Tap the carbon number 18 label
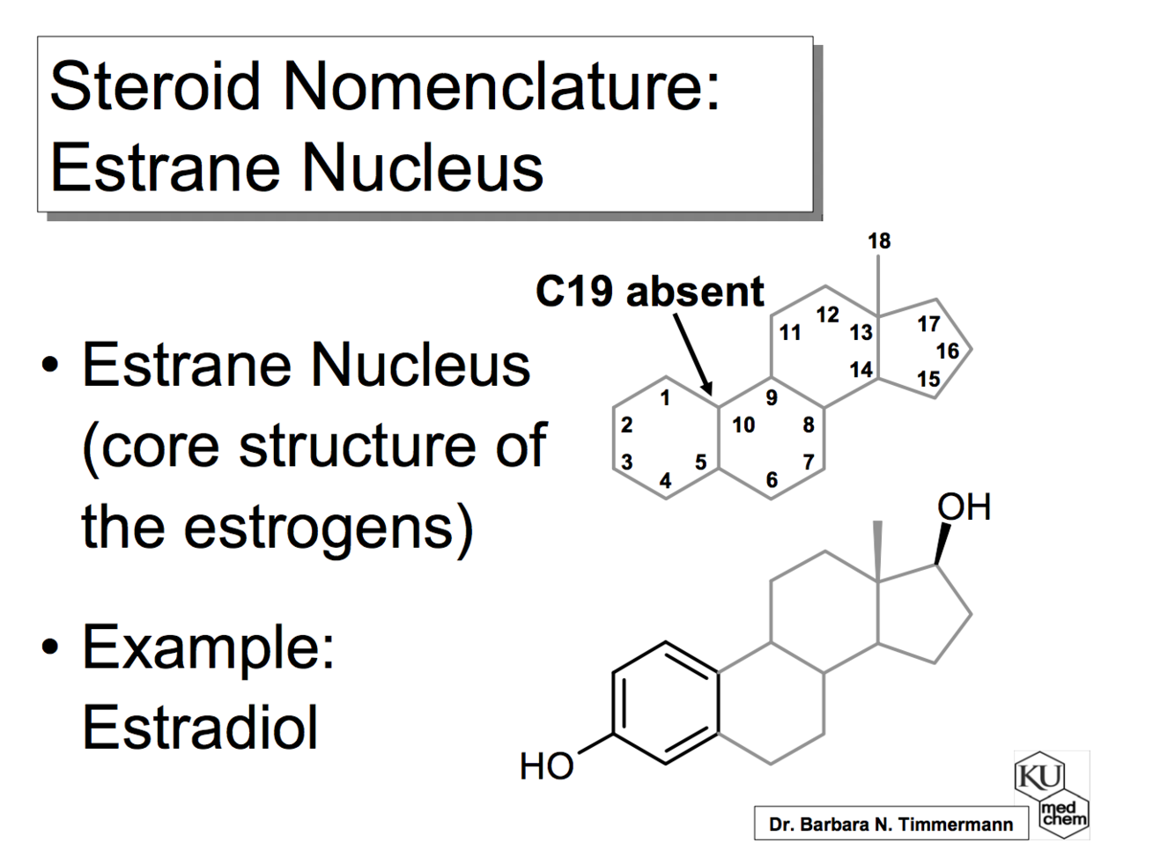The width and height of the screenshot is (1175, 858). (878, 240)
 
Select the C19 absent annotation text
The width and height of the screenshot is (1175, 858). (650, 292)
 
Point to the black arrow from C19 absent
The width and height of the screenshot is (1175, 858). (693, 355)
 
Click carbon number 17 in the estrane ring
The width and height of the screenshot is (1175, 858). (928, 324)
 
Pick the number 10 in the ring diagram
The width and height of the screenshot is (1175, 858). (743, 425)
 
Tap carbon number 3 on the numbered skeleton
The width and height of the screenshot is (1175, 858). (626, 462)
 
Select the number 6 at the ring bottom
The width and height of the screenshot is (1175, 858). (772, 480)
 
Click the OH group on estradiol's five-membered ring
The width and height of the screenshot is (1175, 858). (964, 507)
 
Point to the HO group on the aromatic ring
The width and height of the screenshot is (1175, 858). (546, 766)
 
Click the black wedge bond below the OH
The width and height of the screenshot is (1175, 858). (942, 544)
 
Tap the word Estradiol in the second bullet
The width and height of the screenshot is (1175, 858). (200, 728)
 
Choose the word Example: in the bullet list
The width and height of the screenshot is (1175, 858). (208, 647)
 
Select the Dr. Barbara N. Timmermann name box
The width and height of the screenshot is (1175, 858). (890, 825)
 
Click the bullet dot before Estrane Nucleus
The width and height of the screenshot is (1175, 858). (51, 366)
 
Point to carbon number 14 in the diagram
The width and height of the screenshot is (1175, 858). (861, 370)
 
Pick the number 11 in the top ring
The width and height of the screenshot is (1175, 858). (790, 333)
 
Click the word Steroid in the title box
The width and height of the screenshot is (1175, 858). (155, 87)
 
